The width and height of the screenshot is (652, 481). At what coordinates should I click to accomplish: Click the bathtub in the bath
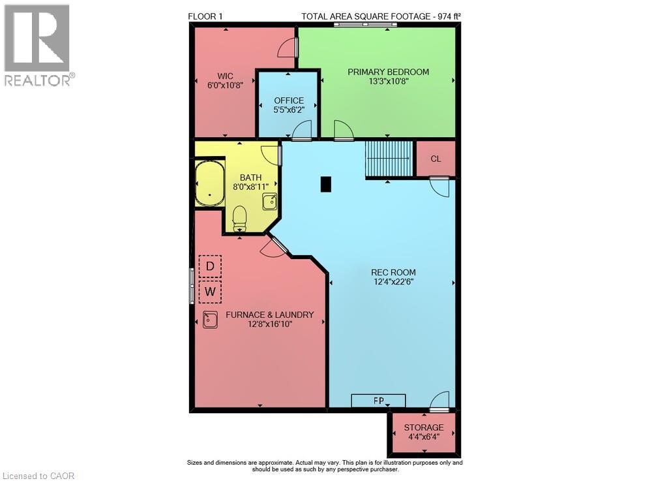pyautogui.click(x=210, y=183)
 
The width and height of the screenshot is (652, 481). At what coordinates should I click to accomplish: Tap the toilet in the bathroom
pyautogui.click(x=239, y=219)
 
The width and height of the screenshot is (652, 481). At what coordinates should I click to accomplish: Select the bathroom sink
pyautogui.click(x=269, y=202)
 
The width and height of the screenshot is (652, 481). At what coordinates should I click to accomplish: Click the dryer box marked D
pyautogui.click(x=210, y=266)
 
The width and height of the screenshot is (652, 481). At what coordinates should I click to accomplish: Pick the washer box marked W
pyautogui.click(x=210, y=292)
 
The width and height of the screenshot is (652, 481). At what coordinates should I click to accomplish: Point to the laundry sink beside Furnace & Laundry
pyautogui.click(x=211, y=320)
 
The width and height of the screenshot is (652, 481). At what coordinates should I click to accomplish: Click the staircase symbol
pyautogui.click(x=389, y=159)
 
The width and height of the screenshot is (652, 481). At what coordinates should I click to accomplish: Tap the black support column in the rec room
pyautogui.click(x=326, y=184)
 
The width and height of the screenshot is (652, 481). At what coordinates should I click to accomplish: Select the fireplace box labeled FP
pyautogui.click(x=378, y=401)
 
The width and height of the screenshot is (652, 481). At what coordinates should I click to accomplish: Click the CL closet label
pyautogui.click(x=436, y=159)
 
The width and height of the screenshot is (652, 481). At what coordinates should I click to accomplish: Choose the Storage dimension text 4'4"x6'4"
pyautogui.click(x=424, y=437)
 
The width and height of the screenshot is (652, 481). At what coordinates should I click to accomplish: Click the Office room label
pyautogui.click(x=289, y=101)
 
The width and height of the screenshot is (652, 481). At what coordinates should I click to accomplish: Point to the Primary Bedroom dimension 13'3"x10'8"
pyautogui.click(x=389, y=81)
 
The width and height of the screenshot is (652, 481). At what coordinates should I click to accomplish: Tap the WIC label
pyautogui.click(x=225, y=76)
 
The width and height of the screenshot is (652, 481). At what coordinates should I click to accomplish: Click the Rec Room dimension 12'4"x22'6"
pyautogui.click(x=393, y=282)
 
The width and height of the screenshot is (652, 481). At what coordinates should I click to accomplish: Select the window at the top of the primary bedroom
pyautogui.click(x=365, y=25)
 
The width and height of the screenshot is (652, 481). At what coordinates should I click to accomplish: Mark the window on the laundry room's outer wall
pyautogui.click(x=192, y=285)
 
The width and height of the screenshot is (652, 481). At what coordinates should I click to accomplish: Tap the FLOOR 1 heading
pyautogui.click(x=205, y=16)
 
